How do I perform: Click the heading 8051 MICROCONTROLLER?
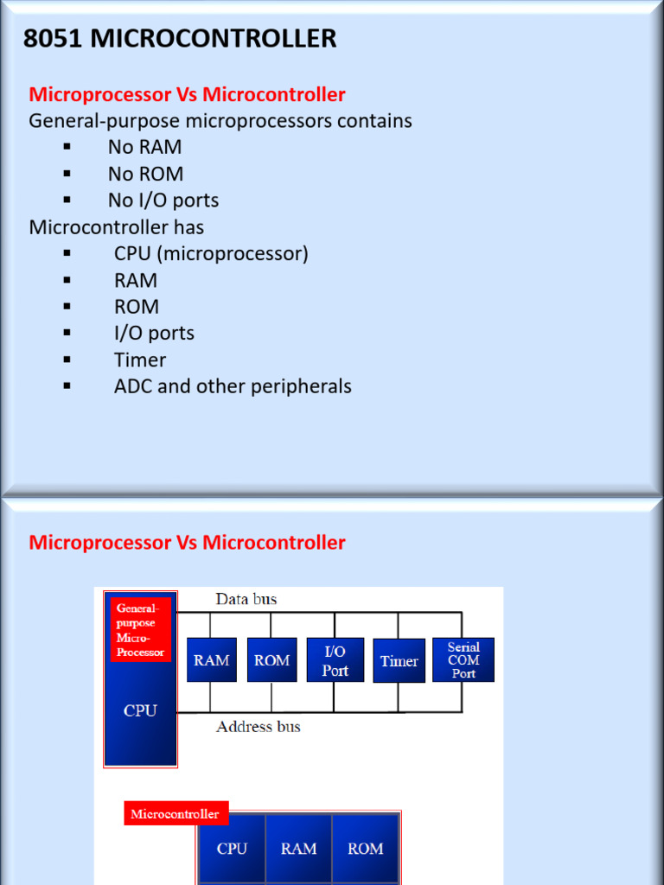[180, 39]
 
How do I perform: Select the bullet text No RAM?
[144, 147]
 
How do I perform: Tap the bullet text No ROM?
[145, 174]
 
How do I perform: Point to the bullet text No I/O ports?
[163, 201]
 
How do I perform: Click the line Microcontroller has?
[117, 227]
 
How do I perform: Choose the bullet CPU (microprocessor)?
[211, 254]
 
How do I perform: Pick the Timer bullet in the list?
[139, 360]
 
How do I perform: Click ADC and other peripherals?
[233, 386]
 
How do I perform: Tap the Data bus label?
[246, 599]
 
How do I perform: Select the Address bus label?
[258, 727]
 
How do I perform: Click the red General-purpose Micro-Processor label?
[140, 630]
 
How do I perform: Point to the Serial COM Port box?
[463, 660]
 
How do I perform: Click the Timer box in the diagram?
[399, 661]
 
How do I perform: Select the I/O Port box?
[335, 660]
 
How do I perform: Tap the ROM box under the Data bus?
[271, 660]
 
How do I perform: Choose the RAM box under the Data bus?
[211, 660]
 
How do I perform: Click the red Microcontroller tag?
[176, 813]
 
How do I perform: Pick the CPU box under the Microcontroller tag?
[232, 849]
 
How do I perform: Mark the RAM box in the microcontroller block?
[298, 849]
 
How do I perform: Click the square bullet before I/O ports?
[67, 332]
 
